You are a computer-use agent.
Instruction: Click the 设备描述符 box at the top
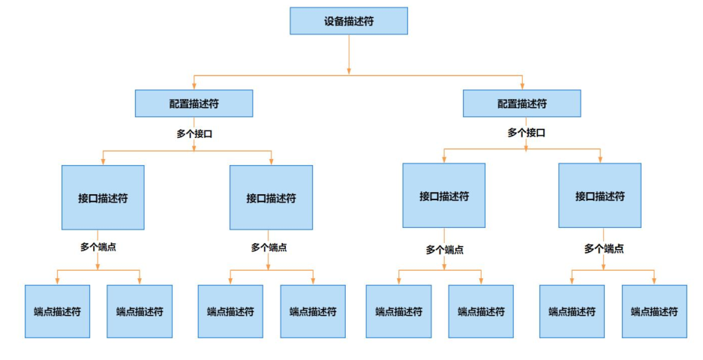coord(349,21)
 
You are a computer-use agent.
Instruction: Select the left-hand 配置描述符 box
coord(194,103)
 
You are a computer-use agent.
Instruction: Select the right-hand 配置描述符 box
coord(521,103)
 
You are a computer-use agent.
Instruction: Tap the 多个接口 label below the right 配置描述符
coord(526,132)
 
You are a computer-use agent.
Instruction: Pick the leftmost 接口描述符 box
coord(103,197)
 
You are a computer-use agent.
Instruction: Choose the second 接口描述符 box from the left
coord(271,197)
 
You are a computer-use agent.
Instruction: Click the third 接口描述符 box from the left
coord(444,196)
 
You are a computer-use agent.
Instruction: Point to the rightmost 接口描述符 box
coord(599,196)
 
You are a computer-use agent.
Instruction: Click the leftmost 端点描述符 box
coord(57,311)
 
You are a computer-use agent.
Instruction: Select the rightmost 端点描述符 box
coord(654,311)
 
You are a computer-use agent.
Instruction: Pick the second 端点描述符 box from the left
coord(140,311)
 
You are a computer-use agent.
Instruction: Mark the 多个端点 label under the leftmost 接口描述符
coord(98,247)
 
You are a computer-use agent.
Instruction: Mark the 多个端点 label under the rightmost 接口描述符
coord(604,248)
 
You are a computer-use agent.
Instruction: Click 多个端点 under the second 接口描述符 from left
coord(269,247)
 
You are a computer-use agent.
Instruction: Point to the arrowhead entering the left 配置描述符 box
coord(194,86)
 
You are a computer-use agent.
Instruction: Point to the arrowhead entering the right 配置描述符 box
coord(521,86)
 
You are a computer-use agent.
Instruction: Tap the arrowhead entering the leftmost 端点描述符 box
coord(57,281)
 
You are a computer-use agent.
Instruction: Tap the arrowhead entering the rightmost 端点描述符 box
coord(654,281)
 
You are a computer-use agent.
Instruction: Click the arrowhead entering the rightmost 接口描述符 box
coord(600,160)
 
